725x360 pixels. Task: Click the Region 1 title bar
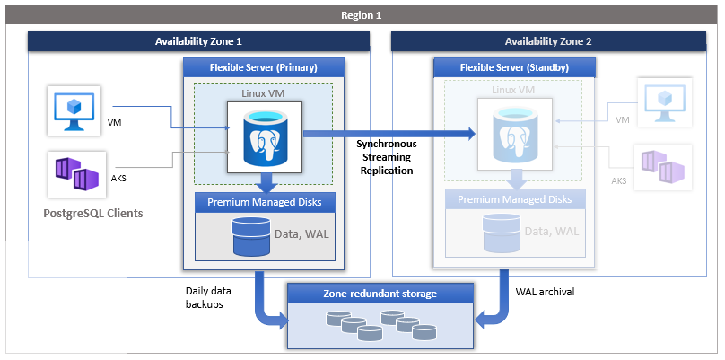pyautogui.click(x=362, y=15)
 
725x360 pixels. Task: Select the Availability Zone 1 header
pyautogui.click(x=198, y=41)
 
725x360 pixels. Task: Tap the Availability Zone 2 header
pyautogui.click(x=548, y=41)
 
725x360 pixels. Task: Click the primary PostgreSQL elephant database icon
pyautogui.click(x=264, y=132)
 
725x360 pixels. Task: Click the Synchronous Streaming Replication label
pyautogui.click(x=385, y=156)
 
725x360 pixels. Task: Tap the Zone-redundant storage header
pyautogui.click(x=380, y=293)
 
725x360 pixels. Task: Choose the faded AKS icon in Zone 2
pyautogui.click(x=663, y=164)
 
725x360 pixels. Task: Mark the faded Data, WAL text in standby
pyautogui.click(x=552, y=233)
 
